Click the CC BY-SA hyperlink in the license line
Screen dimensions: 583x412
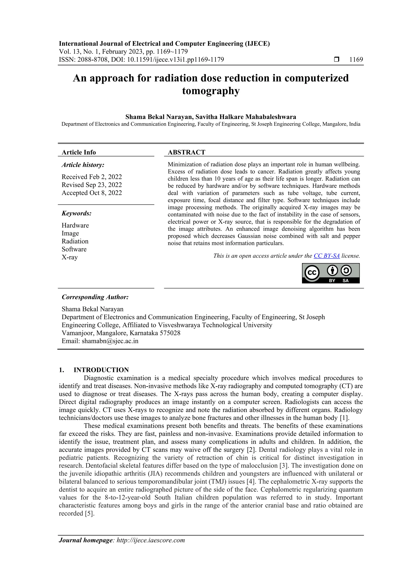click(x=327, y=256)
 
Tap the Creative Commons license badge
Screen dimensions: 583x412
click(x=331, y=273)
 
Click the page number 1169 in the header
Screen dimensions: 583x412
click(x=356, y=60)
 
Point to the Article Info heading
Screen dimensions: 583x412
click(x=79, y=152)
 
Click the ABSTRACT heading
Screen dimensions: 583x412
click(x=186, y=152)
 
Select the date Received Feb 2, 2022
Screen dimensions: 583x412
click(x=92, y=177)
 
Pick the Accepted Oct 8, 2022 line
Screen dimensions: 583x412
click(x=92, y=193)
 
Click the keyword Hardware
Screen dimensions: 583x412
click(x=75, y=225)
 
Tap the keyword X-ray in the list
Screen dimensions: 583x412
click(x=70, y=257)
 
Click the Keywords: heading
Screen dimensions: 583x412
click(x=76, y=213)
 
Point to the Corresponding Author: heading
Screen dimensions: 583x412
click(x=95, y=297)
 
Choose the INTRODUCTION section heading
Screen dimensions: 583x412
click(x=101, y=370)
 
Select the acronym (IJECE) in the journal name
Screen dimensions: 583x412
click(x=257, y=44)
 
